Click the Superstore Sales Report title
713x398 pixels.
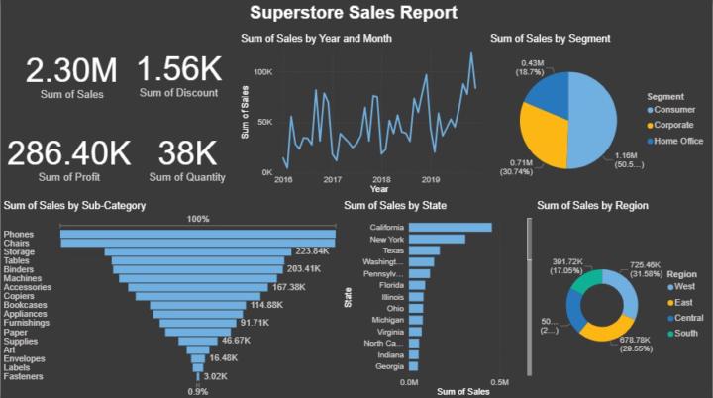point(354,13)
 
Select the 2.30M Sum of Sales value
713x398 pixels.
point(71,70)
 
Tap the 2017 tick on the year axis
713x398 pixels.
point(332,180)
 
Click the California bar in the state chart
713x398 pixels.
point(450,228)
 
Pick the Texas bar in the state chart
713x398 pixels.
point(423,250)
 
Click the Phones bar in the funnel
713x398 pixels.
point(198,234)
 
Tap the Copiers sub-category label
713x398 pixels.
point(20,296)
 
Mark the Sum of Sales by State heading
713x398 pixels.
point(394,205)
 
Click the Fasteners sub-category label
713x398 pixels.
point(23,376)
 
